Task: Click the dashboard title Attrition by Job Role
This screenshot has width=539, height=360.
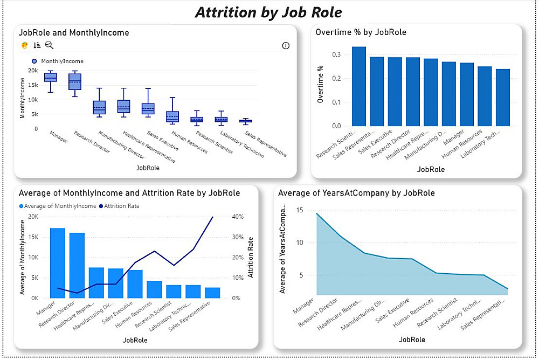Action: (268, 12)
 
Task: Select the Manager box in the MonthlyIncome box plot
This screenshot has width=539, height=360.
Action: (50, 77)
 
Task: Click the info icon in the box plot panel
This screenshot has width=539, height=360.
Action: (286, 46)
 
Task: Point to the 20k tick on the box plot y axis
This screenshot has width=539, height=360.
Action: (33, 71)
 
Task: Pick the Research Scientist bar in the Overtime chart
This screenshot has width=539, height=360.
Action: (359, 86)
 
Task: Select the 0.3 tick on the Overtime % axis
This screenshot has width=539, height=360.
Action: (336, 55)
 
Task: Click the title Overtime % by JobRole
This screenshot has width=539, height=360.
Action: (361, 32)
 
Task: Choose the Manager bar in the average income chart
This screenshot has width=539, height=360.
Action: (58, 263)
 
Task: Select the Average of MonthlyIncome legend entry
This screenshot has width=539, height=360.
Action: (58, 206)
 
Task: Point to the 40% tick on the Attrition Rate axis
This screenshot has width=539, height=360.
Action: (238, 217)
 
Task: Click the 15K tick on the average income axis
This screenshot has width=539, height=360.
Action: (33, 237)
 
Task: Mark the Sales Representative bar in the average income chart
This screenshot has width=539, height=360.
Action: (212, 293)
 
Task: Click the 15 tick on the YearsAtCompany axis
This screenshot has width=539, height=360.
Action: (301, 210)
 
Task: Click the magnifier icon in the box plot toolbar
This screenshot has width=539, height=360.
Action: (49, 46)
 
